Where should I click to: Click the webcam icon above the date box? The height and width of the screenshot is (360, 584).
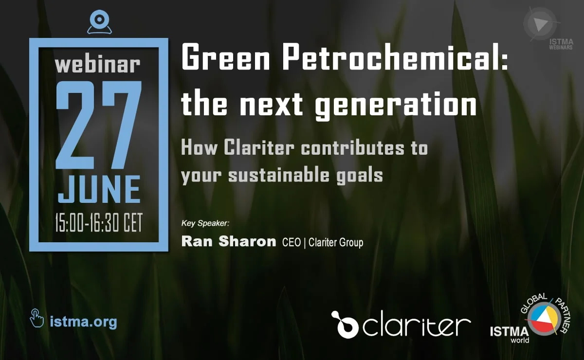tap(99, 22)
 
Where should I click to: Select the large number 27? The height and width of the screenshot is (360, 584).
tap(99, 126)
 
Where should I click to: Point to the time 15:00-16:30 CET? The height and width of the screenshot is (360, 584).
tap(99, 223)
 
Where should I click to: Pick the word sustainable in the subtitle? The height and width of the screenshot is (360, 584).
tap(279, 175)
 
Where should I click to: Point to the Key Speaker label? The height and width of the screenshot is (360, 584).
tap(205, 223)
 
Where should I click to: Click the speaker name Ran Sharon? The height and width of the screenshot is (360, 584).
tap(229, 241)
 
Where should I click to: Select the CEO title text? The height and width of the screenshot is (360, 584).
tap(292, 243)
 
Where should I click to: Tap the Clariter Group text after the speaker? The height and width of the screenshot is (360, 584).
tap(336, 243)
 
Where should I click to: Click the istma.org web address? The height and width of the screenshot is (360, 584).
tap(83, 322)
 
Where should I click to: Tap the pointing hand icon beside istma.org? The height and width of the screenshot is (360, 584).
tap(37, 318)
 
